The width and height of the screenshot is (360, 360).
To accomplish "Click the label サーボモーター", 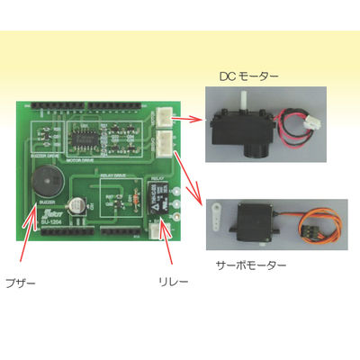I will coord(251,266).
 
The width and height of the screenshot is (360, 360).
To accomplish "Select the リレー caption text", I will coord(168,282).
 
